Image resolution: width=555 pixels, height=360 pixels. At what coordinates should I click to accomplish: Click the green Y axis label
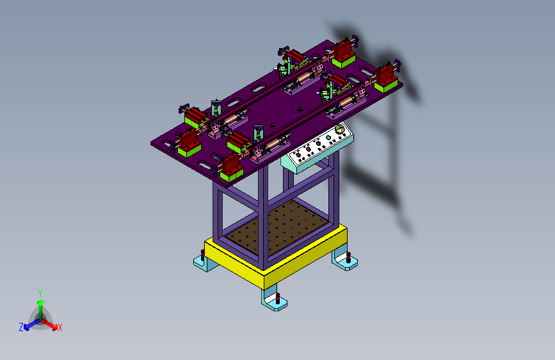click(40, 293)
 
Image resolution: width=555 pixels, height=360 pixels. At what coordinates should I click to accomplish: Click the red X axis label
click(60, 328)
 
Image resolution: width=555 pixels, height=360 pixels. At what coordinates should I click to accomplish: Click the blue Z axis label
click(21, 327)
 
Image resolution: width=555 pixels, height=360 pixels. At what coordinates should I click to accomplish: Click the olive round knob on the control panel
click(340, 129)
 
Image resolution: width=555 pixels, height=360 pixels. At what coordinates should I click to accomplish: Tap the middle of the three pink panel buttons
click(309, 149)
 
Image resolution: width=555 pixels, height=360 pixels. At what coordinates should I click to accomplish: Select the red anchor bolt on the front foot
click(278, 298)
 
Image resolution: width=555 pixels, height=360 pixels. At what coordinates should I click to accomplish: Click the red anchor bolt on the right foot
click(348, 258)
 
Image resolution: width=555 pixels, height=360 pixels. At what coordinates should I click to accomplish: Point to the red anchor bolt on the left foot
click(202, 254)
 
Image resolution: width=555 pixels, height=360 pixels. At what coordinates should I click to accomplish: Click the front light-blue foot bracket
click(274, 300)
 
